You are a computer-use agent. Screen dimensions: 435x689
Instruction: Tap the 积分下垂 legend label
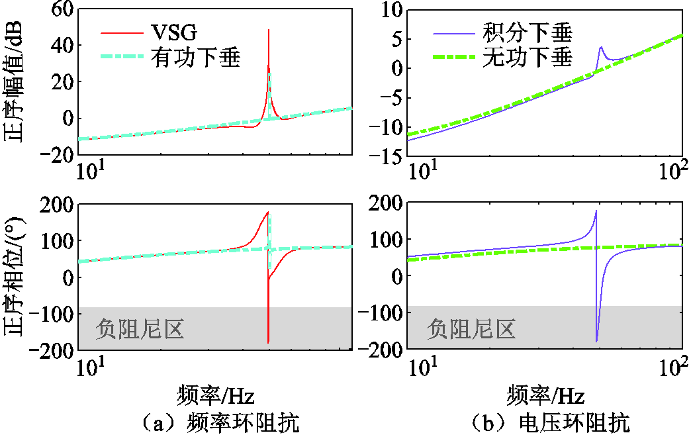(528, 32)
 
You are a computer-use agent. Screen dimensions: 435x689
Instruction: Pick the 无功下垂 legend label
(528, 58)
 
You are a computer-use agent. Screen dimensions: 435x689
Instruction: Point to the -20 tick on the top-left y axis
(54, 155)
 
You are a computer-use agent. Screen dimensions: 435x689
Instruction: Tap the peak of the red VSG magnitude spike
(268, 30)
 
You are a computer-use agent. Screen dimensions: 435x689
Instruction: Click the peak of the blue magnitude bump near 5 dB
(600, 47)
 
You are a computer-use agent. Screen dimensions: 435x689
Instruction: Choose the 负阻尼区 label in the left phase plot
(140, 328)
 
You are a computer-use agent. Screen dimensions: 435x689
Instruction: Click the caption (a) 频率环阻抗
(218, 422)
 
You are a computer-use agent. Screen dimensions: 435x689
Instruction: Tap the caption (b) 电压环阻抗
(549, 422)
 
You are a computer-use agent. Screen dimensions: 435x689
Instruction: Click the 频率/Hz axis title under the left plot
(216, 396)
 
